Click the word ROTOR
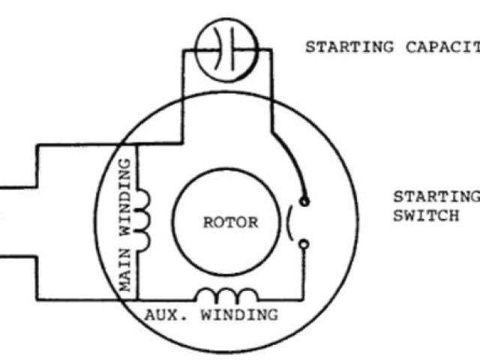[231, 223]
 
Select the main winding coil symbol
[145, 218]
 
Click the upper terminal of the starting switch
[304, 201]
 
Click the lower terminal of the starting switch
[304, 243]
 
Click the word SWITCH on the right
[426, 217]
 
